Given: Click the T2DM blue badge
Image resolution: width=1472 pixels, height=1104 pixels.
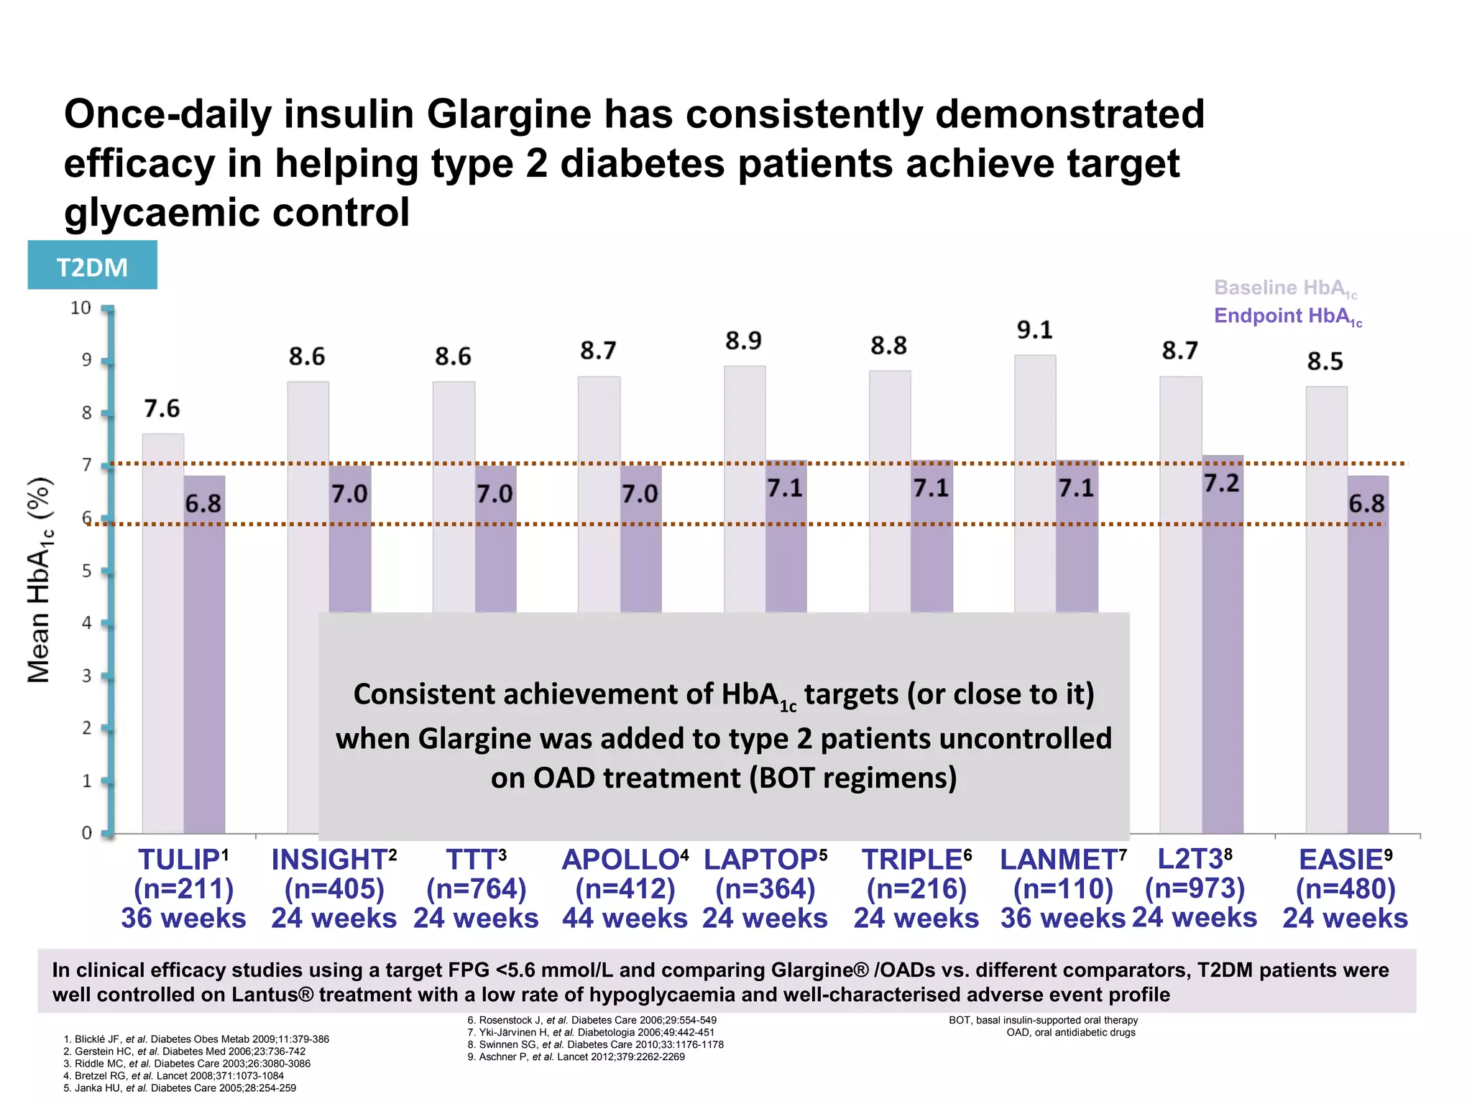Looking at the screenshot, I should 92,266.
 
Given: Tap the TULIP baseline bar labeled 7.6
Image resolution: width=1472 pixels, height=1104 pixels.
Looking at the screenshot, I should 163,632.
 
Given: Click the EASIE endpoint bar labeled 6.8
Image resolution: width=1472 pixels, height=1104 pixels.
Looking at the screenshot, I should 1367,654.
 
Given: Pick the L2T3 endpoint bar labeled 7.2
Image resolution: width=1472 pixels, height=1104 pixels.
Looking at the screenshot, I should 1222,647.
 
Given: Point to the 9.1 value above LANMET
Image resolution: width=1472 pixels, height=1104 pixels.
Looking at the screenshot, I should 1034,330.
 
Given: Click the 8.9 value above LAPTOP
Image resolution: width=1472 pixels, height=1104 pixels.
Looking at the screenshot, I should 743,340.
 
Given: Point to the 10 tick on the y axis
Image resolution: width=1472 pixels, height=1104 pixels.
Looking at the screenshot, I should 80,308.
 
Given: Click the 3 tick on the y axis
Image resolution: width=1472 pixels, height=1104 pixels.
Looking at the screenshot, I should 86,676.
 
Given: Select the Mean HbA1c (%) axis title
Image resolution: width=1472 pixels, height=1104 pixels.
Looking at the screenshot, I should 40,579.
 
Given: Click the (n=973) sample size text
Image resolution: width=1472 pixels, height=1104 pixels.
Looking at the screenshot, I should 1195,888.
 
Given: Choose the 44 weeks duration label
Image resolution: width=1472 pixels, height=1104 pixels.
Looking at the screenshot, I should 625,919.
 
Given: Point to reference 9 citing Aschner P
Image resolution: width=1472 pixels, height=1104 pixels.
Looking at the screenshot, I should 576,1057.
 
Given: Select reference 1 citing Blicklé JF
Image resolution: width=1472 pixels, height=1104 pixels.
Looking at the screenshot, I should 196,1039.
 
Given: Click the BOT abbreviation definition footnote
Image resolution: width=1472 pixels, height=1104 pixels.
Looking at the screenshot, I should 1043,1020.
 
